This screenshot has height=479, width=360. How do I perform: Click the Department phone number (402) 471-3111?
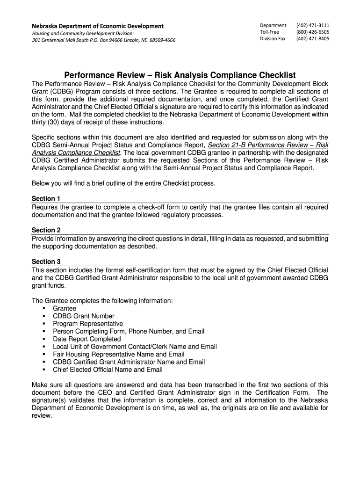[x=312, y=25]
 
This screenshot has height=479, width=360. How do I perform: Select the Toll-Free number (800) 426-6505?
[x=312, y=32]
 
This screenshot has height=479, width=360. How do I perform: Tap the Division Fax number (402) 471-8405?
[x=312, y=39]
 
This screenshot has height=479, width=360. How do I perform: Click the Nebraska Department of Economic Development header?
[x=97, y=26]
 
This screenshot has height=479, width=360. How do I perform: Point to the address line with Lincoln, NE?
[x=103, y=40]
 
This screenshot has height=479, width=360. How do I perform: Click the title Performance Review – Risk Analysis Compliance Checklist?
[x=180, y=75]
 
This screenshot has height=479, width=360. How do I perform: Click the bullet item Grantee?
[x=65, y=309]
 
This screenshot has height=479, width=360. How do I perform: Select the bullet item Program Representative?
[x=88, y=324]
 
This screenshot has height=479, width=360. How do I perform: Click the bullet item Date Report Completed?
[x=86, y=339]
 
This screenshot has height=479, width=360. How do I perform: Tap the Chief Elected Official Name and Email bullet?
[x=108, y=370]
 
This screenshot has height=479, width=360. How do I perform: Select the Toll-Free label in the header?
[x=269, y=32]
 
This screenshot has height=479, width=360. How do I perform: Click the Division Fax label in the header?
[x=273, y=39]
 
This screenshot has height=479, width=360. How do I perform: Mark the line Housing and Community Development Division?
[x=83, y=33]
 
